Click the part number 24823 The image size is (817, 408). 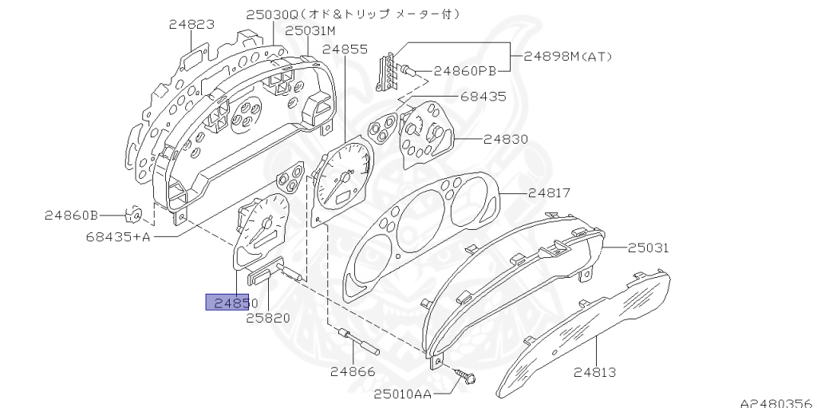tap(191, 25)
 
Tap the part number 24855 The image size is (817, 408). tap(345, 50)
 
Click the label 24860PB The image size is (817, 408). tap(465, 71)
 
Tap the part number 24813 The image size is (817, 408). tap(594, 372)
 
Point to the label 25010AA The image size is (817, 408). tap(404, 393)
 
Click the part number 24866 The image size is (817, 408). tap(353, 371)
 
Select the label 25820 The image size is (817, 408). tap(267, 317)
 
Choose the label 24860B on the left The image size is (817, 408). tap(71, 215)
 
